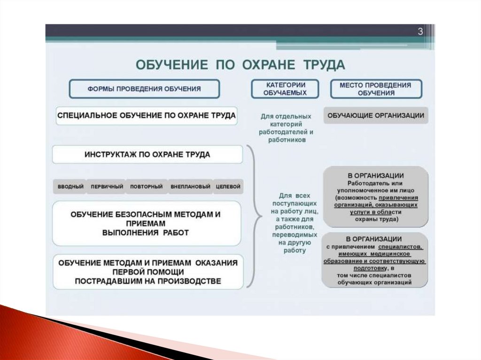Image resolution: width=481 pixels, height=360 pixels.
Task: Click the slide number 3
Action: click(x=420, y=31)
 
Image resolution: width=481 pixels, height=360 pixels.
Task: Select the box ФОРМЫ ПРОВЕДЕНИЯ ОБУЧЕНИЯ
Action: click(x=144, y=88)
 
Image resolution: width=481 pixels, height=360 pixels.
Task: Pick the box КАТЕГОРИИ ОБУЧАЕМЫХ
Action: click(x=285, y=89)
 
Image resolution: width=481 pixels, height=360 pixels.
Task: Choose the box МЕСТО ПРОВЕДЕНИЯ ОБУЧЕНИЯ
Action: click(x=375, y=89)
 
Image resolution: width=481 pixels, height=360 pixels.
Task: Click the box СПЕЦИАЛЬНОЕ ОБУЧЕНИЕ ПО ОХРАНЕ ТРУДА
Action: click(x=146, y=115)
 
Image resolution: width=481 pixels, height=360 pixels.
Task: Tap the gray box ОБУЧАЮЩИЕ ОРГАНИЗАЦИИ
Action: click(x=376, y=115)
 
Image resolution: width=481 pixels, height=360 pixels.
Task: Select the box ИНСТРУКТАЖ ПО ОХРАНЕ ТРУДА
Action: click(x=147, y=154)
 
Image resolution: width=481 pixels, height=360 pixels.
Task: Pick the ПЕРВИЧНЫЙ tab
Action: click(x=107, y=187)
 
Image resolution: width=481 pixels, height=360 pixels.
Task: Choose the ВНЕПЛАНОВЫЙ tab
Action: click(x=190, y=187)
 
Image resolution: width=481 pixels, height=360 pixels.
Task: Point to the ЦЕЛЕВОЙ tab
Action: click(x=228, y=187)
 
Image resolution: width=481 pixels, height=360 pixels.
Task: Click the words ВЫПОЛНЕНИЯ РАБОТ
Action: click(x=145, y=232)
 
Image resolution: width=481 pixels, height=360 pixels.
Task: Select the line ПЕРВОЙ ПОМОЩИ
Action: click(x=148, y=272)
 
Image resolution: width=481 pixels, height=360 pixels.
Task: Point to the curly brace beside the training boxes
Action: click(x=255, y=216)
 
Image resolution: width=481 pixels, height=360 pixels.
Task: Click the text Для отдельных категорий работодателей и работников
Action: click(x=286, y=128)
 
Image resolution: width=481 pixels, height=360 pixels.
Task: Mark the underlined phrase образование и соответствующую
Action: click(x=374, y=261)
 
